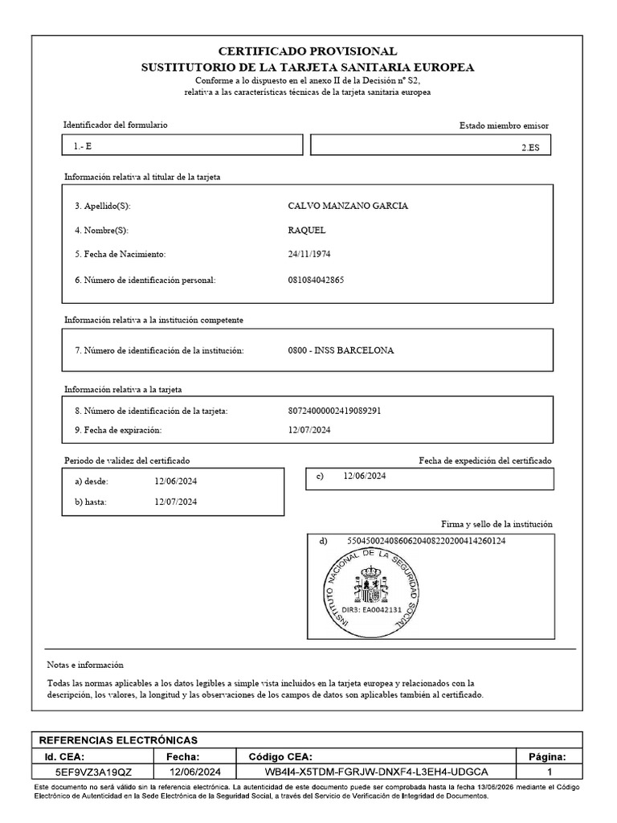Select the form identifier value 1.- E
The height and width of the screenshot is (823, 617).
83,146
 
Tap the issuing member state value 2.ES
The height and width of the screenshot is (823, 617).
530,147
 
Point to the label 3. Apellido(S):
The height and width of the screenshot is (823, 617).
102,206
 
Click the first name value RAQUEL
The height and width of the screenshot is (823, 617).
306,230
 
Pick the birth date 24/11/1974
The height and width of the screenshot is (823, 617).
309,254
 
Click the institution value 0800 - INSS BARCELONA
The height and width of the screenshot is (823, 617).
341,350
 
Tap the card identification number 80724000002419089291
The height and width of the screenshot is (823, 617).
333,411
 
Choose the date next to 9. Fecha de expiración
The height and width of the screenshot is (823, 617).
309,430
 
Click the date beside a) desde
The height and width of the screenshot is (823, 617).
176,481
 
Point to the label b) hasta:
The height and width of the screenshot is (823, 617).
91,502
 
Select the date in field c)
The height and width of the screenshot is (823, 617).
365,477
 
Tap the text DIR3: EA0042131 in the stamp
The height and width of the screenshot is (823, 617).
371,610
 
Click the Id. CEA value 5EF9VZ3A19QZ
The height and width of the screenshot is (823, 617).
93,772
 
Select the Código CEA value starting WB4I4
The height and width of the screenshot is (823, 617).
376,772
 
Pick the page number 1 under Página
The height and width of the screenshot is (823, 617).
550,772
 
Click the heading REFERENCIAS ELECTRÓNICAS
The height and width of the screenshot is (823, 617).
118,740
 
